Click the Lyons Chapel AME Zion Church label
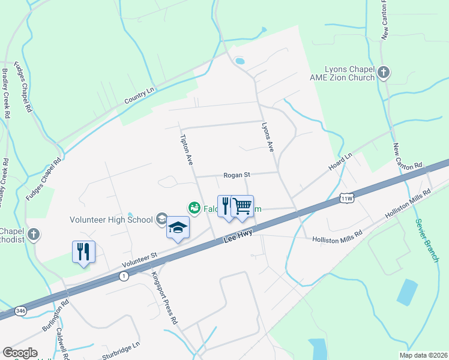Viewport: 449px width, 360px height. pos(349,74)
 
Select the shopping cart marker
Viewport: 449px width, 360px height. pos(243,207)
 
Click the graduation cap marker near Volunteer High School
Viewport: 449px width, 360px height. pos(178,228)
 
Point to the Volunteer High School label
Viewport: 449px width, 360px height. pos(111,220)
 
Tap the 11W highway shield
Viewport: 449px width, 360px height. pos(346,197)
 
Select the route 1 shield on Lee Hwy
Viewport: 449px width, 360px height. pos(124,276)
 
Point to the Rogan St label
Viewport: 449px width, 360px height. pos(236,175)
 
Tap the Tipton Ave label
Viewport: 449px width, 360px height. pos(186,150)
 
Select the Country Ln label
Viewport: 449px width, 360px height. pos(139,95)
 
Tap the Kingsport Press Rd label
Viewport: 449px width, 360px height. pos(164,299)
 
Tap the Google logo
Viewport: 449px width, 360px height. pos(20,353)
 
